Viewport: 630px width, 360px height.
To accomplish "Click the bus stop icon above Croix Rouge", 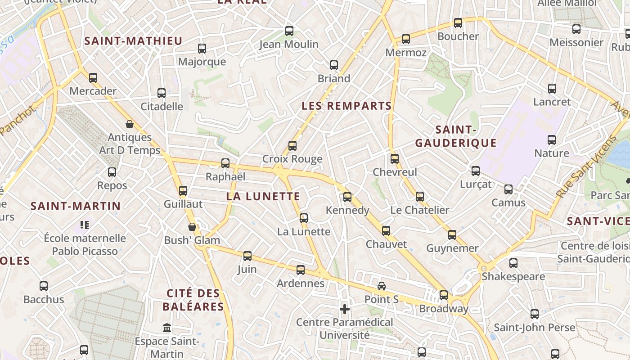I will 292,146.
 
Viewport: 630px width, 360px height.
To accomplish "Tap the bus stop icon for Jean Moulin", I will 289,31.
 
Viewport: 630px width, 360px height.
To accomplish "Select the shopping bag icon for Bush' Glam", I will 192,227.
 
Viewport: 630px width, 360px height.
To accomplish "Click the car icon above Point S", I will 382,286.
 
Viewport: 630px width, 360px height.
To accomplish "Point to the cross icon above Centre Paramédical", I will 345,309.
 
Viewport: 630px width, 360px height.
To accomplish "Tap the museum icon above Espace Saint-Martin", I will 167,328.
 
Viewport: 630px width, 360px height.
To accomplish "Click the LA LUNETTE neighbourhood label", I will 263,196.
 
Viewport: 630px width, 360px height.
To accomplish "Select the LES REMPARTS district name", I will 346,106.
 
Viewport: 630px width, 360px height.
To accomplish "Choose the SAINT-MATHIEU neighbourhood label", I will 133,41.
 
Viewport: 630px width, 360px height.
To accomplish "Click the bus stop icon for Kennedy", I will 347,197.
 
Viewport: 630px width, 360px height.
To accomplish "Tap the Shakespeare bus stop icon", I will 513,263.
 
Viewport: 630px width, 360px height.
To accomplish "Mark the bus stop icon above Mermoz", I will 406,39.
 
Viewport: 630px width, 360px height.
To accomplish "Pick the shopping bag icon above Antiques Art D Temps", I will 130,124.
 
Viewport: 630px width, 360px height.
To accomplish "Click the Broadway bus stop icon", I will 444,295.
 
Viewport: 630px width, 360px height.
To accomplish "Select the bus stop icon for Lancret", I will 552,89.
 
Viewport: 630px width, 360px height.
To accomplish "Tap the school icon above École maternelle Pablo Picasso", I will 84,225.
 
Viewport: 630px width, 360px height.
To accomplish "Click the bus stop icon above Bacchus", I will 44,286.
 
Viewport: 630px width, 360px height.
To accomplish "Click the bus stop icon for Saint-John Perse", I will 535,314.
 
